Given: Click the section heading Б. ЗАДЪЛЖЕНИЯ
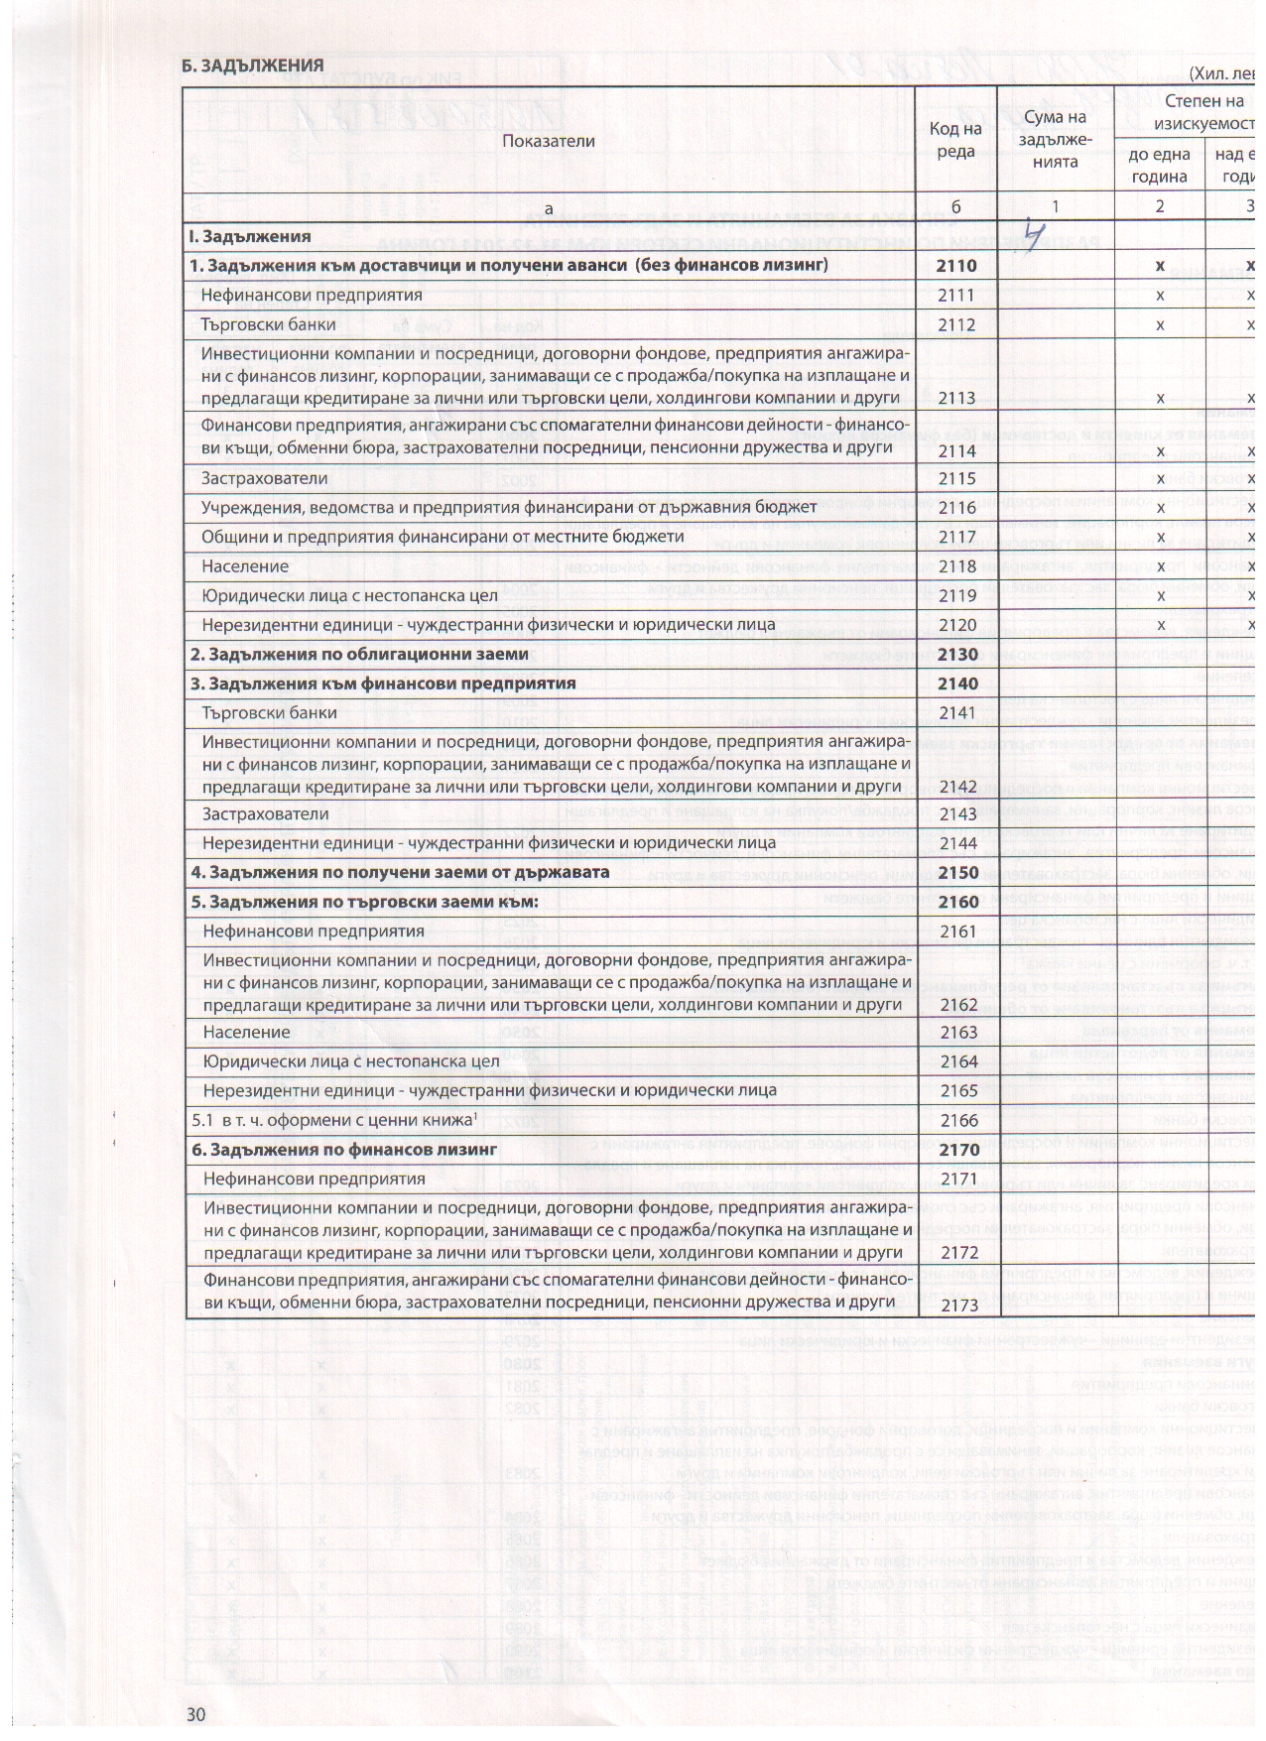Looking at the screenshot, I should [x=253, y=65].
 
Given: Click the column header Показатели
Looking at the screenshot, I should [x=549, y=141].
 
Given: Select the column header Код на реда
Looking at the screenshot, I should [x=955, y=140].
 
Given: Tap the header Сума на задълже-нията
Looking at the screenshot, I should [x=1056, y=139].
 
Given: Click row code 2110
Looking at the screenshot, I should [x=956, y=266].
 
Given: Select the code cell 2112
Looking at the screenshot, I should [x=956, y=325].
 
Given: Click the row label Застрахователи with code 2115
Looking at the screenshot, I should [x=264, y=478].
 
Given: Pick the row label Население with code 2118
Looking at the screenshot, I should [x=244, y=566].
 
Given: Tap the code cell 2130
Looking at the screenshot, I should [x=956, y=655].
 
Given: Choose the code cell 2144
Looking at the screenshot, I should [x=956, y=843].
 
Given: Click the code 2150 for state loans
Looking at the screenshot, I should [x=956, y=873].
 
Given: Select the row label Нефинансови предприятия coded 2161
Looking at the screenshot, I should [x=313, y=932].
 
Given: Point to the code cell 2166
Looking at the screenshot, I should [x=956, y=1121].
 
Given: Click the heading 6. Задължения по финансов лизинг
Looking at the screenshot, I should [x=344, y=1150].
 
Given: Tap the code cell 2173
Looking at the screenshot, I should [x=956, y=1306].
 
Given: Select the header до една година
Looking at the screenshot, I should [x=1159, y=166].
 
